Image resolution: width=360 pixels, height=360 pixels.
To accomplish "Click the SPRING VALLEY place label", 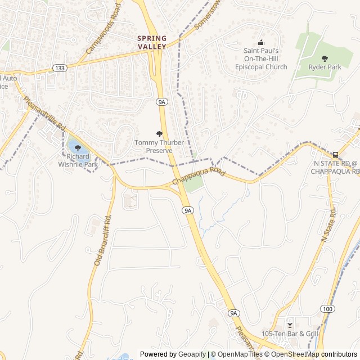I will pyautogui.click(x=152, y=42).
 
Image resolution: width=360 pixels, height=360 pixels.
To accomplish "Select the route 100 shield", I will pyautogui.click(x=327, y=309).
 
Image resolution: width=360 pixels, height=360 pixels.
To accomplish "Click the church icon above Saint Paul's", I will pyautogui.click(x=261, y=43).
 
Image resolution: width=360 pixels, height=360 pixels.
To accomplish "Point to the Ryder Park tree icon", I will pyautogui.click(x=325, y=58).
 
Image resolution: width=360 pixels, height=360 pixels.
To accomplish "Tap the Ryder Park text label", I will pyautogui.click(x=325, y=67).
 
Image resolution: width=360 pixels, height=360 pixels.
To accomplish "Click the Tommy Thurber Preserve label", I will pyautogui.click(x=159, y=146).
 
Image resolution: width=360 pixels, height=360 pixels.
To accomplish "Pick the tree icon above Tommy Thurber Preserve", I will pyautogui.click(x=159, y=134).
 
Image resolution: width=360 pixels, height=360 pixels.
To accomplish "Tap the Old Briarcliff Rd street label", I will pyautogui.click(x=104, y=241).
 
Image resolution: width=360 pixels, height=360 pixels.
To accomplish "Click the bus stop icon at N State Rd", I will pyautogui.click(x=336, y=155).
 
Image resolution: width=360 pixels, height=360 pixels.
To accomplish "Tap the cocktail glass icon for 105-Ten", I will pyautogui.click(x=290, y=325).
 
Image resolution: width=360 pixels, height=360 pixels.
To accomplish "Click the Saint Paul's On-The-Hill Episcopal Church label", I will pyautogui.click(x=261, y=58).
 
